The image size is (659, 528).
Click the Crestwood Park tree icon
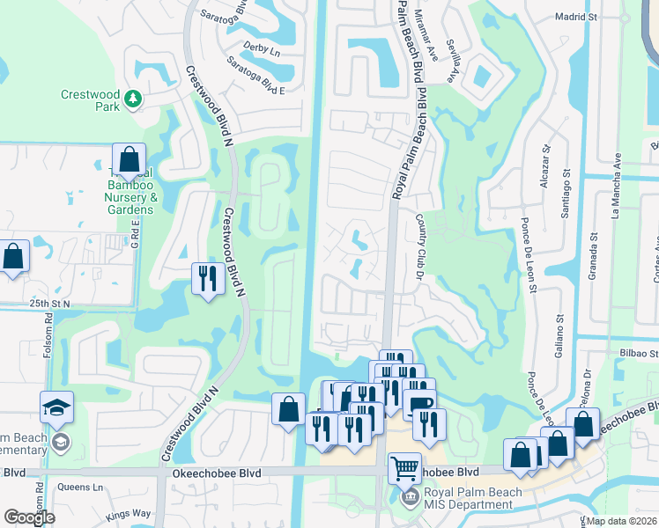133,99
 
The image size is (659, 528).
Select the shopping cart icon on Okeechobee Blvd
404,468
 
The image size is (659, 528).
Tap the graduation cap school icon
56,407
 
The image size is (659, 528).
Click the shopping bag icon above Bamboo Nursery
129,159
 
